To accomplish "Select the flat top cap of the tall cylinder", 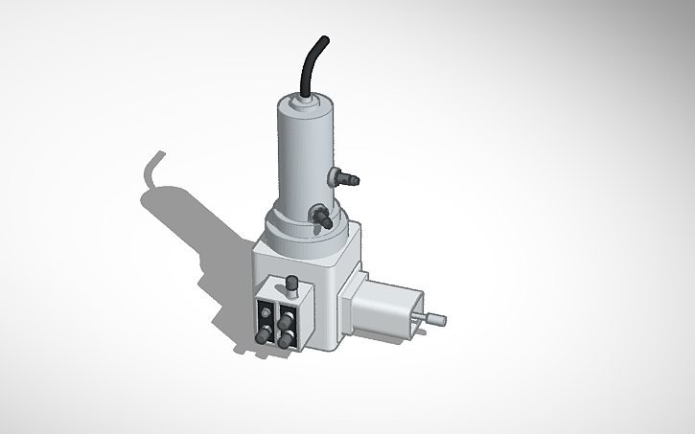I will tap(305, 100).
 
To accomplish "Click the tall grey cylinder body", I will tap(300, 153).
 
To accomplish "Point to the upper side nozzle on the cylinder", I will tap(343, 175).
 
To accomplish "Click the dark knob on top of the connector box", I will tap(291, 283).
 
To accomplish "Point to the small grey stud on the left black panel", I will tap(264, 310).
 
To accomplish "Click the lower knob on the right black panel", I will tap(286, 341).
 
